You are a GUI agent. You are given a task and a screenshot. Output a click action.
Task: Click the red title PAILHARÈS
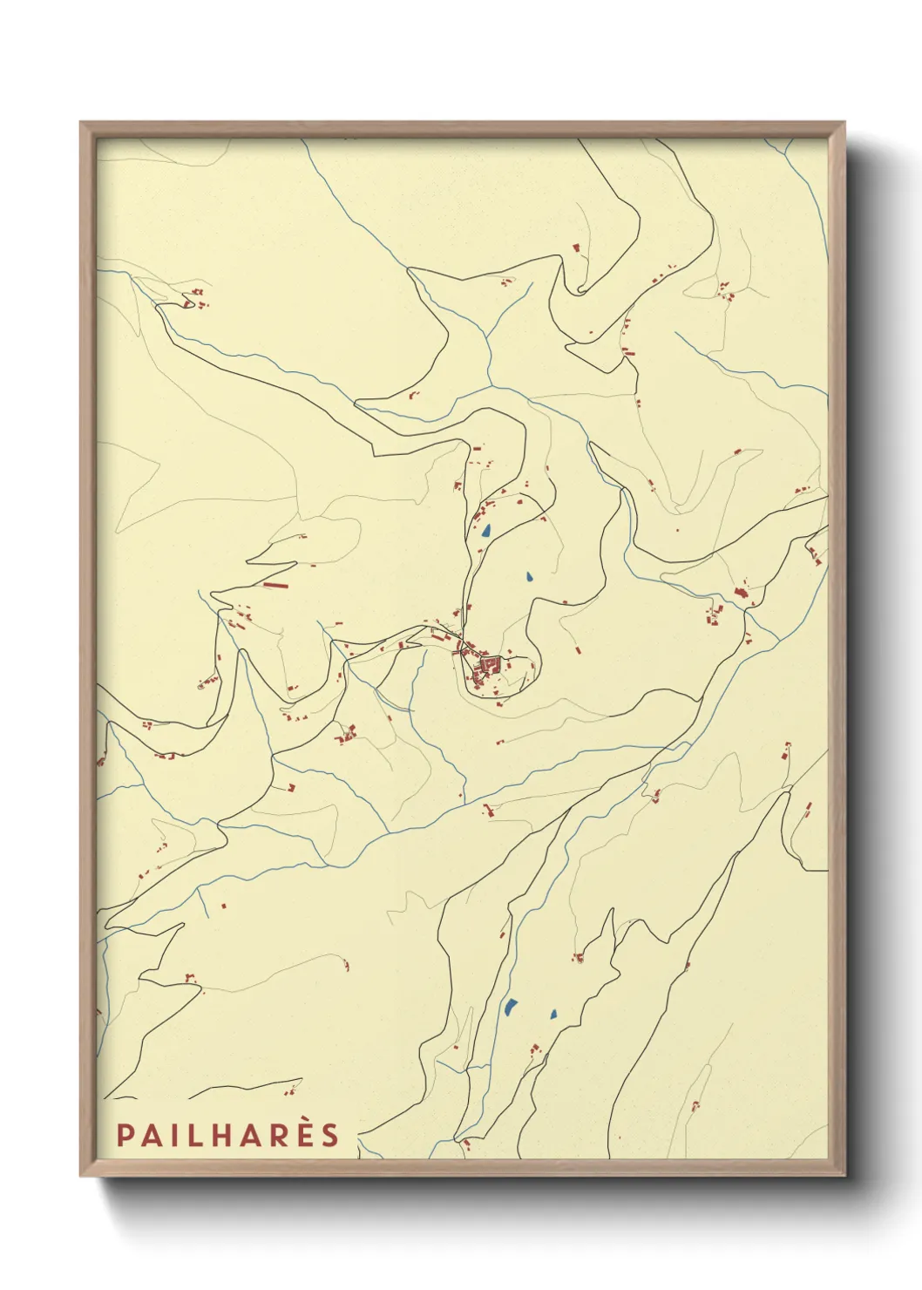[227, 1135]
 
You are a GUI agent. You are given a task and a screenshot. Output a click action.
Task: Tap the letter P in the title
[125, 1136]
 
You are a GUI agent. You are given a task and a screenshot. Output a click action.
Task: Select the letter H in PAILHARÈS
[227, 1136]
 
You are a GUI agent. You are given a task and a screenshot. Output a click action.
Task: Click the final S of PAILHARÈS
[329, 1136]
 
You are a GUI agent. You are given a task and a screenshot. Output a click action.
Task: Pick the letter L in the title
[200, 1136]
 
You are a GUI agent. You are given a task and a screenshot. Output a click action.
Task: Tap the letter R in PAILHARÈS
[277, 1136]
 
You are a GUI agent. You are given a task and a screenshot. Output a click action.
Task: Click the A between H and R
[252, 1136]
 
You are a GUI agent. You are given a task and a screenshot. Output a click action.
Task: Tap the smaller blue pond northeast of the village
[529, 576]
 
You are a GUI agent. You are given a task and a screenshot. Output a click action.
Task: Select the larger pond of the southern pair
[509, 1008]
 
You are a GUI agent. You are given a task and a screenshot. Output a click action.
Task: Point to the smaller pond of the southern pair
[553, 1014]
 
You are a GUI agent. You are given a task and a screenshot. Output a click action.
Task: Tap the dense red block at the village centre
[486, 667]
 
